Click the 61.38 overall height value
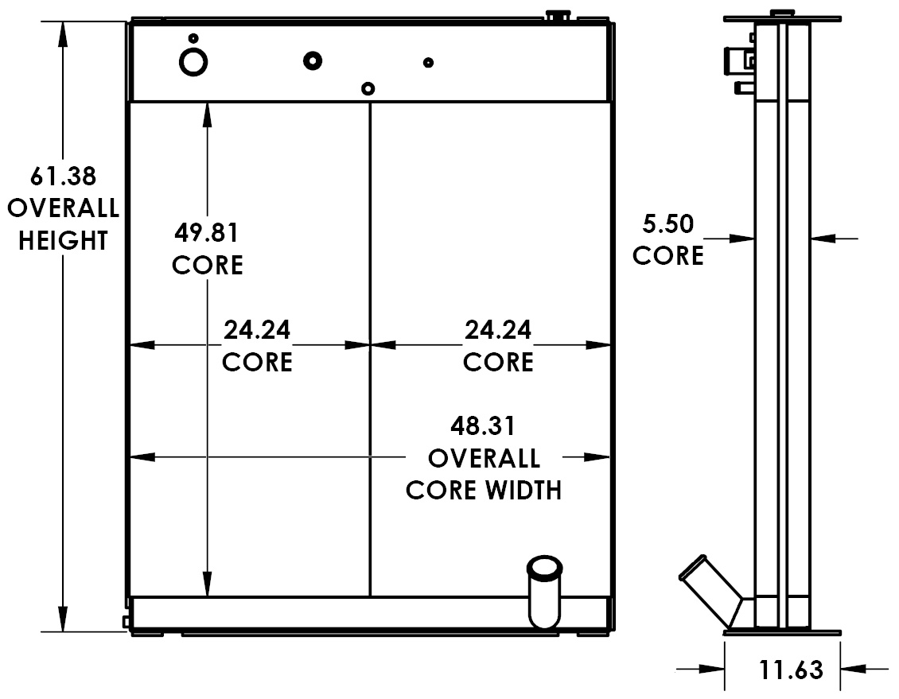tap(63, 176)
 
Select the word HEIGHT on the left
tap(63, 240)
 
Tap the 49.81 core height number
tap(207, 233)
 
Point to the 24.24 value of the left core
tap(257, 329)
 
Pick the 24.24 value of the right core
tap(498, 329)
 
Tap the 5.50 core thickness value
tap(668, 224)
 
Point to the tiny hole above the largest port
tap(193, 37)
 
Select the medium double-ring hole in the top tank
tap(313, 60)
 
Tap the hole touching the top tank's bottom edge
tap(368, 88)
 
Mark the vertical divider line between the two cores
tap(371, 350)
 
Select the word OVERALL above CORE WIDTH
tap(484, 458)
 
